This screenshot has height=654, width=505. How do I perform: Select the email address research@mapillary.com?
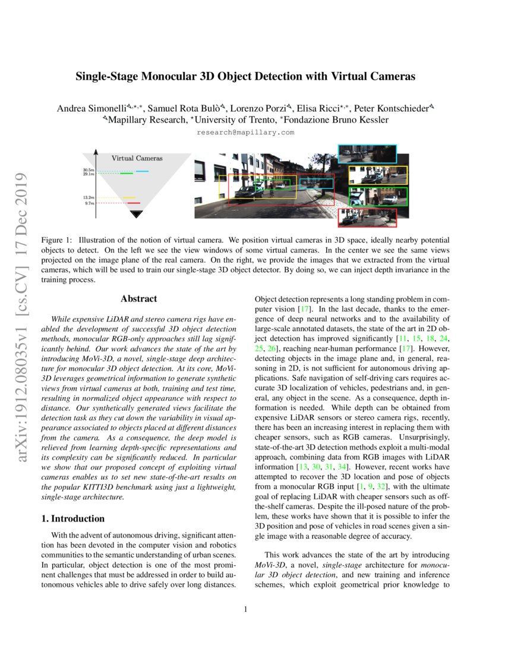tap(245, 132)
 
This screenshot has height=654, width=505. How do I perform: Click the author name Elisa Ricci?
tap(325, 108)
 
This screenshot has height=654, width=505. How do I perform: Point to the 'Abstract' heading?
tap(138, 299)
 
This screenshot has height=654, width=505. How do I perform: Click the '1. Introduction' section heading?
tap(73, 518)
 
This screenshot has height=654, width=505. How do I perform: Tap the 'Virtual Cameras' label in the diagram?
tap(137, 159)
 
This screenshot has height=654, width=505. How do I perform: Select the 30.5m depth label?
tap(89, 170)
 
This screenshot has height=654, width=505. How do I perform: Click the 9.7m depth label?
tap(90, 203)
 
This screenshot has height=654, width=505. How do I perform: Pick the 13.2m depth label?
tap(89, 197)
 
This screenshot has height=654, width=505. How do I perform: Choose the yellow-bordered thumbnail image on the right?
tap(378, 175)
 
